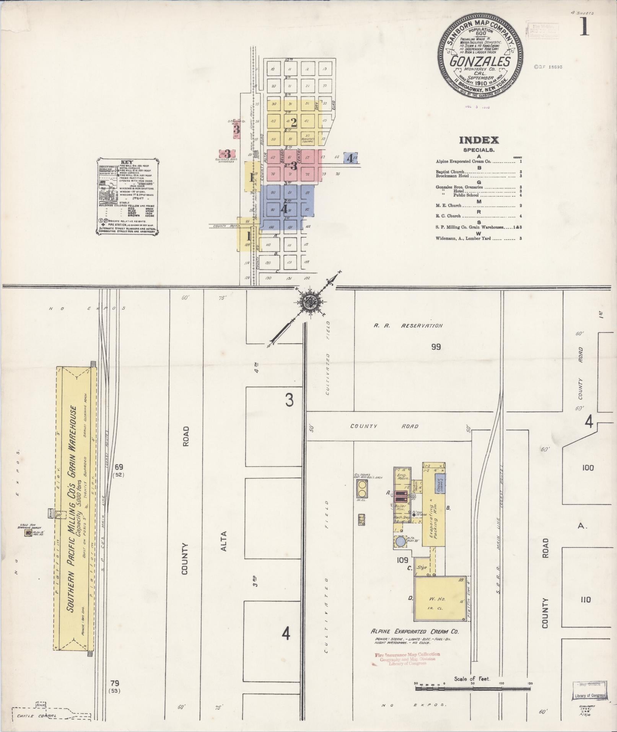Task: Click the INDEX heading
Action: coord(479,140)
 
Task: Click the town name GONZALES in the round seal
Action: coord(480,61)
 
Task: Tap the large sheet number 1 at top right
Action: coord(584,27)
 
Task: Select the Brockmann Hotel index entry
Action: coord(452,176)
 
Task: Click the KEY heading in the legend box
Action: coord(127,162)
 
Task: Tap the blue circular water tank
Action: coord(400,542)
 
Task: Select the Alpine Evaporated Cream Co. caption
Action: coord(415,631)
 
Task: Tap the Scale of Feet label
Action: coord(472,679)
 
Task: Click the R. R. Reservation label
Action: coord(408,326)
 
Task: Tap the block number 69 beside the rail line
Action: coord(119,466)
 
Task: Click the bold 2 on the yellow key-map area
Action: coord(294,122)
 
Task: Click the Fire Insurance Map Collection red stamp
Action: coord(407,654)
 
